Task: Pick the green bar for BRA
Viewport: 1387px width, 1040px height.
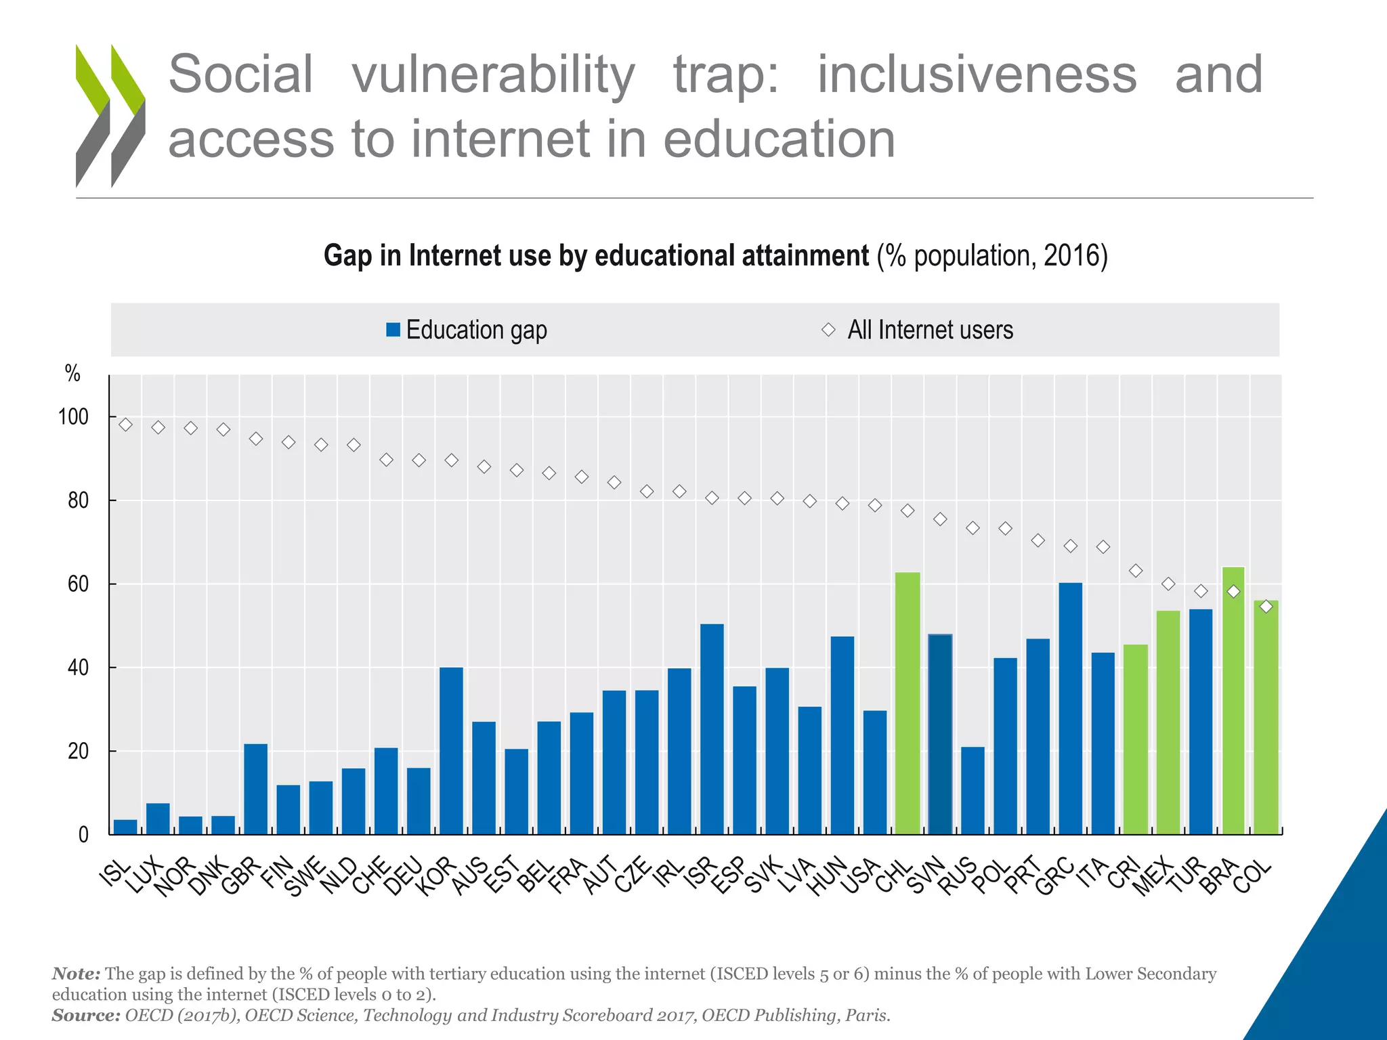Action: (x=1233, y=700)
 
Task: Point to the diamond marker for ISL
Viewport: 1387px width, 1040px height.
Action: (x=125, y=425)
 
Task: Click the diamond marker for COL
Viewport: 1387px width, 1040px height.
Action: (x=1266, y=607)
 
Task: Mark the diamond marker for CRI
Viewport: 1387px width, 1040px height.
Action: (x=1136, y=571)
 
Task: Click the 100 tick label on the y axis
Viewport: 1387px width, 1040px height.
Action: (x=73, y=417)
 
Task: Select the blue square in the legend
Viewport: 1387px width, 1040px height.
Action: (x=393, y=330)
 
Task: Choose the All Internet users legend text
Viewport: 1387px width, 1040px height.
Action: (x=930, y=330)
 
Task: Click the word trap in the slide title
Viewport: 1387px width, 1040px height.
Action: (x=725, y=74)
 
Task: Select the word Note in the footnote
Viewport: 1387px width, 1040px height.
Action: (x=75, y=974)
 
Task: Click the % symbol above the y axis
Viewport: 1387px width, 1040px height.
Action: (x=72, y=373)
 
